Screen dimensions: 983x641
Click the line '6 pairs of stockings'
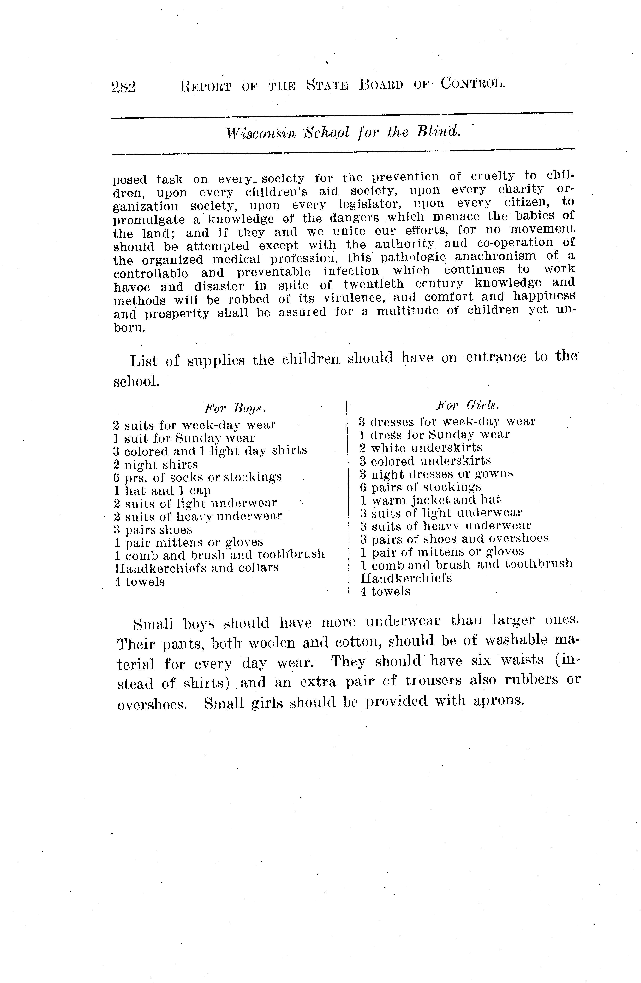tap(420, 487)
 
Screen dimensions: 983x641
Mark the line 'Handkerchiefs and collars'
tap(196, 568)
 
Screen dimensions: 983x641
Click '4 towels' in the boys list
tap(139, 582)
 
